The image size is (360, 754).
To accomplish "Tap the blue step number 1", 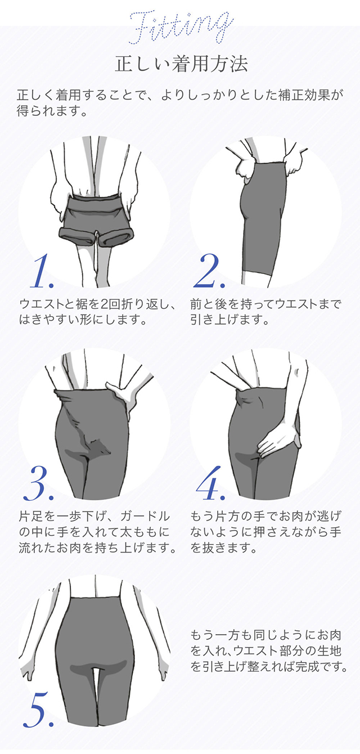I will [42, 273].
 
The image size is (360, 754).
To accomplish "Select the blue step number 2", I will [209, 273].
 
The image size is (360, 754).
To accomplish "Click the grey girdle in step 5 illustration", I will [96, 647].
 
